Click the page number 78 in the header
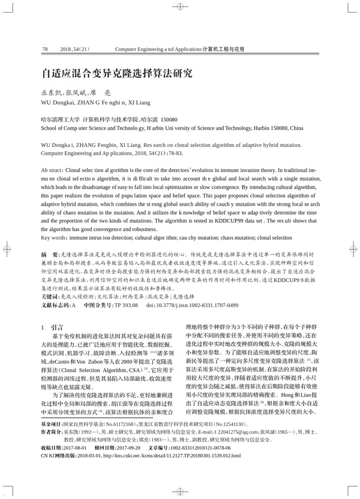click(45, 48)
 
